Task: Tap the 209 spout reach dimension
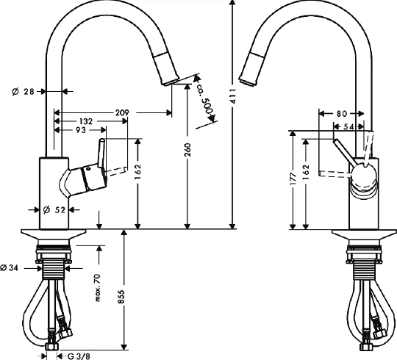coord(122,112)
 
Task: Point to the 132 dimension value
coord(86,121)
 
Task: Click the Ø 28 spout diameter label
coord(24,91)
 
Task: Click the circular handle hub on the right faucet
coord(365,178)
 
